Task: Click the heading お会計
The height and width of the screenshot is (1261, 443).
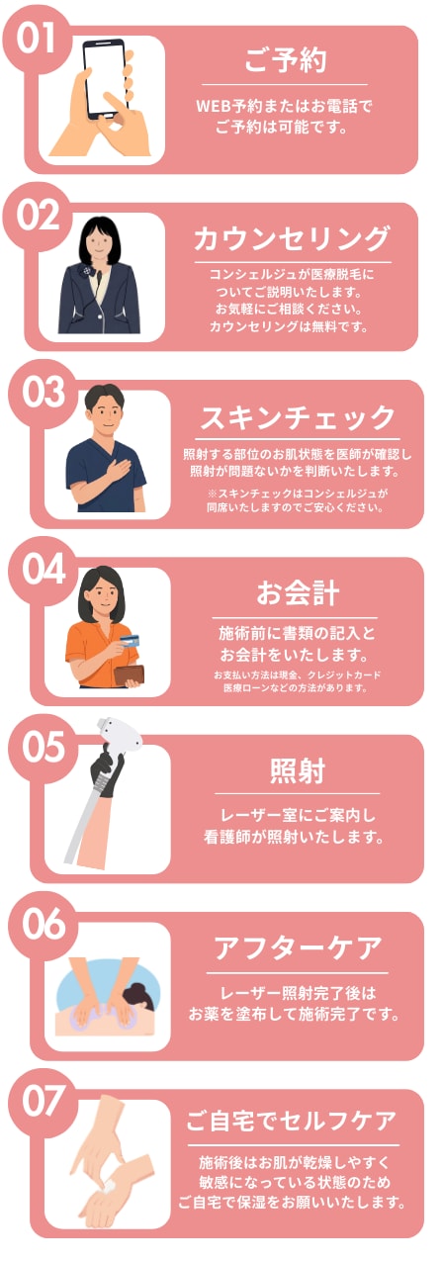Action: [x=298, y=593]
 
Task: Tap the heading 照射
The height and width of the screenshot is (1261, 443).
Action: [x=298, y=770]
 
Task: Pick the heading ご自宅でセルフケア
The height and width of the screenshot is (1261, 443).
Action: [x=298, y=1123]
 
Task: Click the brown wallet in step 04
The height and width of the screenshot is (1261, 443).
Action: [x=131, y=676]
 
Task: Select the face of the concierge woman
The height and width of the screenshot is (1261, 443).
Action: [x=103, y=240]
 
